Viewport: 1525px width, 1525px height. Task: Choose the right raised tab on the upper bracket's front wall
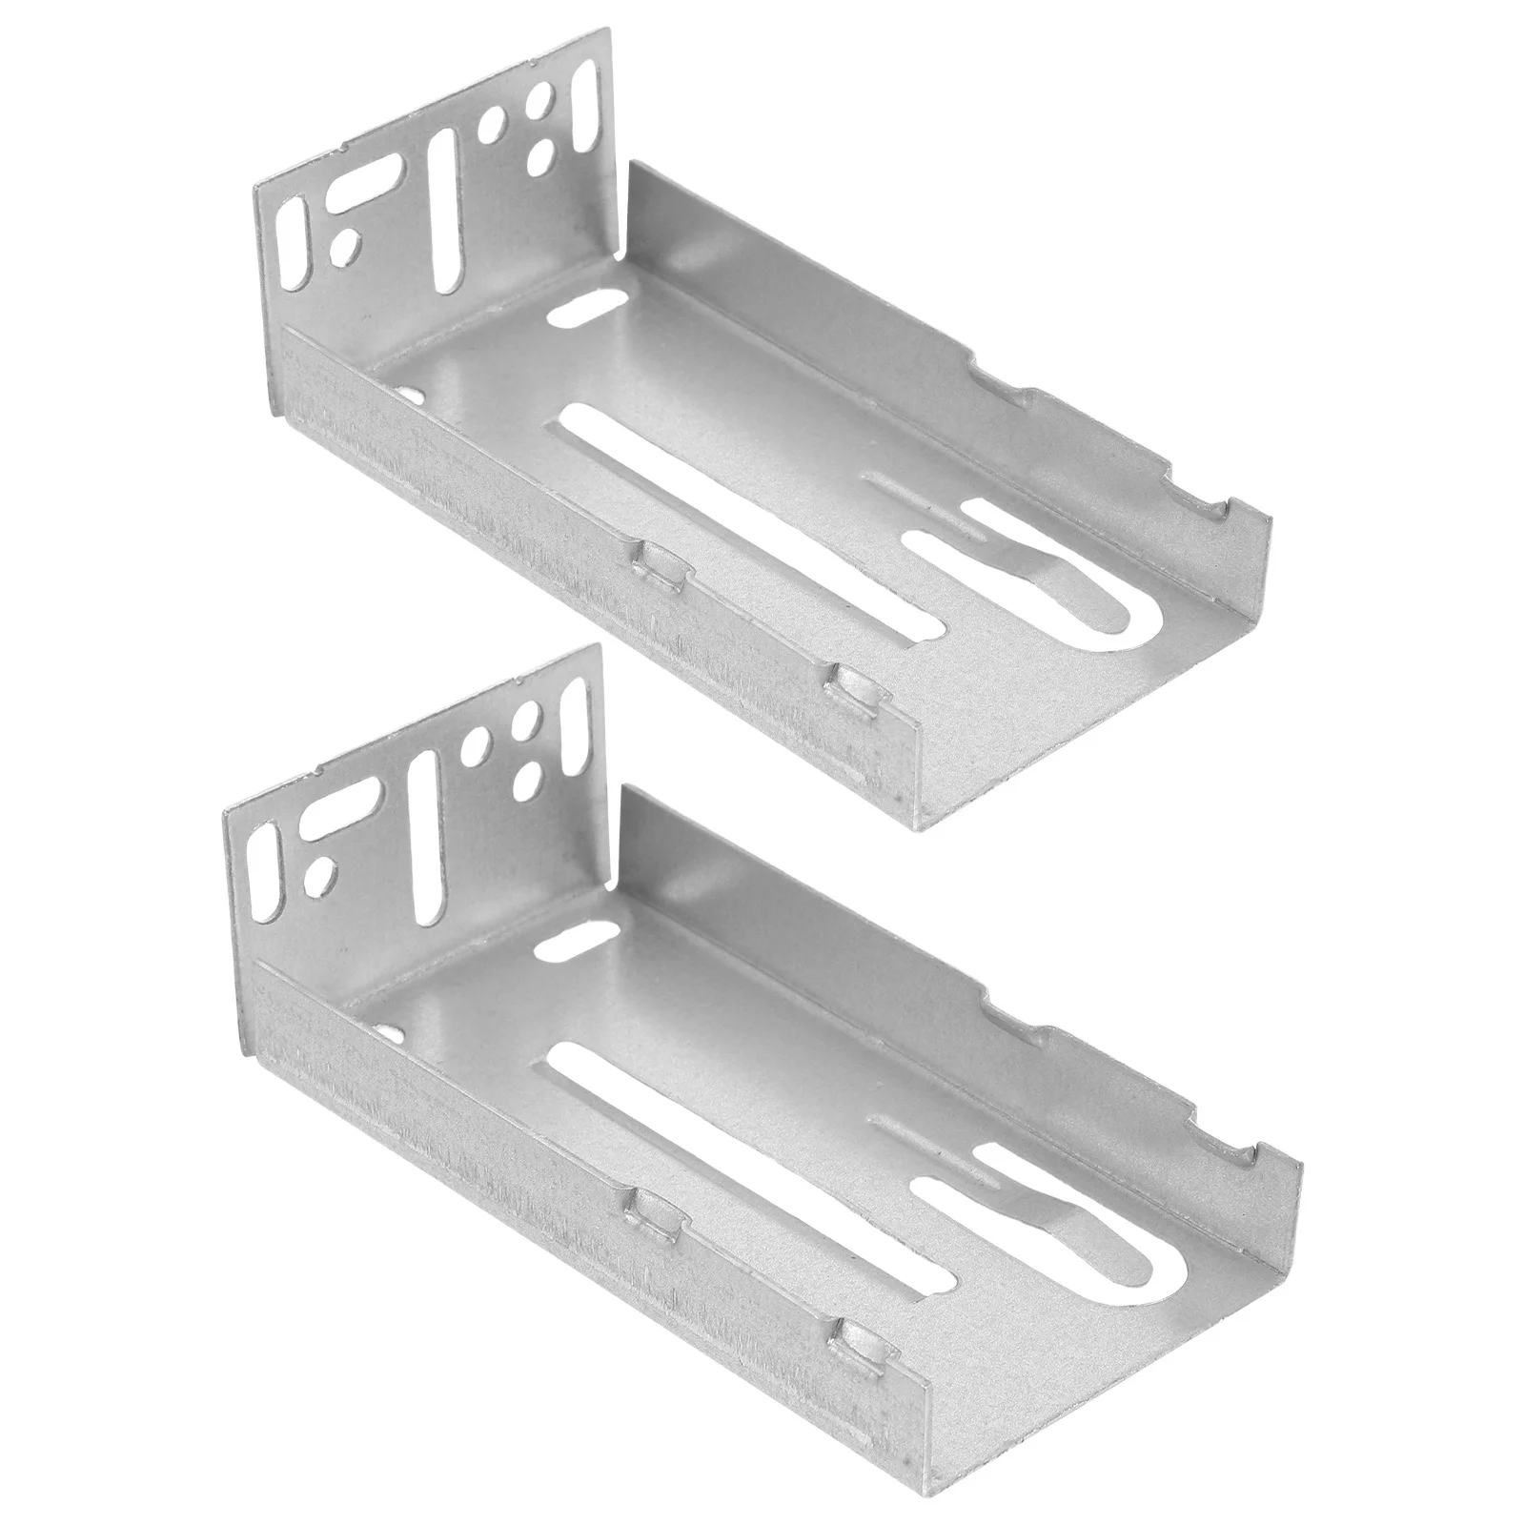pos(854,682)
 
